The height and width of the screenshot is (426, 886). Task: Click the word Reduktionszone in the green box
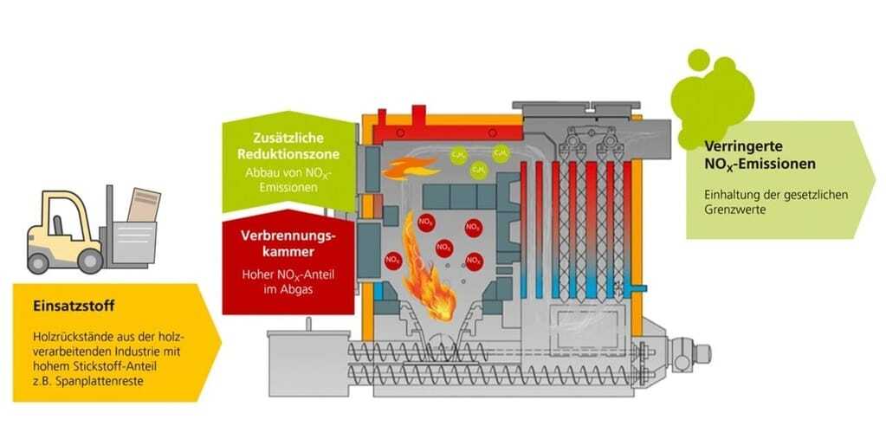[x=288, y=154]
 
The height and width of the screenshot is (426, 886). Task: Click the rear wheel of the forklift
[x=42, y=259]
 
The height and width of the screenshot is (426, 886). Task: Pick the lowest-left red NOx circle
[x=393, y=259]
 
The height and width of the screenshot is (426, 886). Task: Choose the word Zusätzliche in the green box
[x=288, y=139]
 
